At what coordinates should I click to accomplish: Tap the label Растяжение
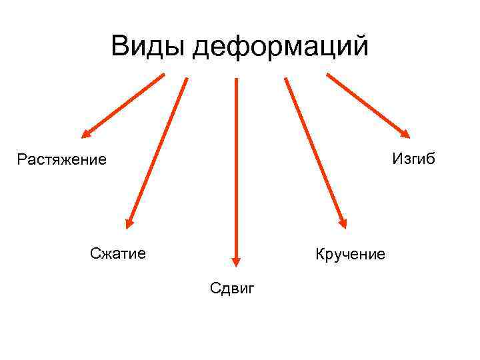point(62,160)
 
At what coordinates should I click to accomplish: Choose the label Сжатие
point(118,253)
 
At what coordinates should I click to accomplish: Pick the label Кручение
point(351,254)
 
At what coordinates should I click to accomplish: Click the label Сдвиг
point(232,288)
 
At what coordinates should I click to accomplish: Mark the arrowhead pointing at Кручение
point(342,223)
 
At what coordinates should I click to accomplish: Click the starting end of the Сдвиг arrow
point(235,79)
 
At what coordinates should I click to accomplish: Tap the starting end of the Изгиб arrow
point(328,75)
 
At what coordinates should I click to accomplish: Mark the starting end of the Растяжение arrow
point(163,75)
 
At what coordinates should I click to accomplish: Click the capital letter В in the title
point(121,47)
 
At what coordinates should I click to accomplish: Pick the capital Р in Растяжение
point(21,160)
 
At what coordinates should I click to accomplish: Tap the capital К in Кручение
point(320,254)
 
